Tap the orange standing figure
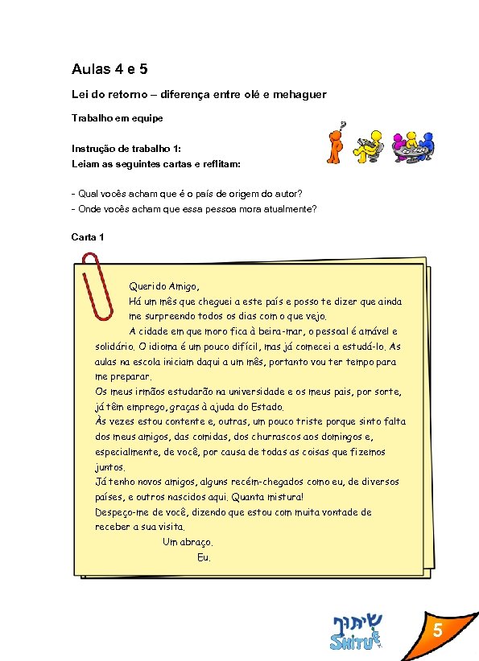tap(336, 145)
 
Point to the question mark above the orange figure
tap(343, 125)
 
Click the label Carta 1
tap(88, 236)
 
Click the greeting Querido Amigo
tap(163, 286)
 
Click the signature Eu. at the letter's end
tap(204, 557)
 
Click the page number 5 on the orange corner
tap(440, 633)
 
